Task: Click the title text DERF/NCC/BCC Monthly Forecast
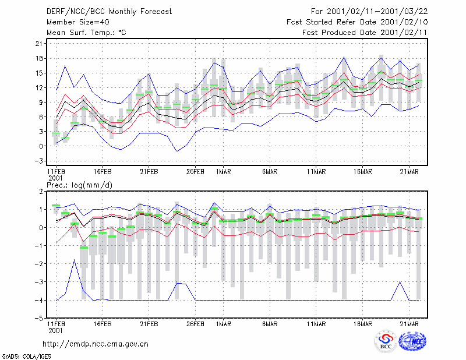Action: [109, 12]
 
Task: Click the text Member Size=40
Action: [78, 22]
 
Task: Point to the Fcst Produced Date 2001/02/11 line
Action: [365, 33]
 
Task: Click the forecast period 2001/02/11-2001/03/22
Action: [377, 12]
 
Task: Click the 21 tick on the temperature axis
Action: [39, 44]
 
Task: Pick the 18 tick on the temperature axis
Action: [39, 58]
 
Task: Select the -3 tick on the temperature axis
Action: [38, 161]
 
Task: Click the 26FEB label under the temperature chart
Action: [195, 172]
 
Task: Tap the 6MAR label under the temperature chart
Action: [270, 172]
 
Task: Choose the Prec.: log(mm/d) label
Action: [79, 185]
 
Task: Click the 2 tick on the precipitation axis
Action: [41, 192]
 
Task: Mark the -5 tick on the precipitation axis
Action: [38, 319]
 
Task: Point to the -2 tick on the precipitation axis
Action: [38, 264]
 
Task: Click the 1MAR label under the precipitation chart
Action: [223, 324]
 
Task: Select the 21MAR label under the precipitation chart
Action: [409, 324]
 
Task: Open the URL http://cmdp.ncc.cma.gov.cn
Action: [96, 344]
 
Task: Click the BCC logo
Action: [386, 341]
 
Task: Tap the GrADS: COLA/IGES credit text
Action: [26, 357]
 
